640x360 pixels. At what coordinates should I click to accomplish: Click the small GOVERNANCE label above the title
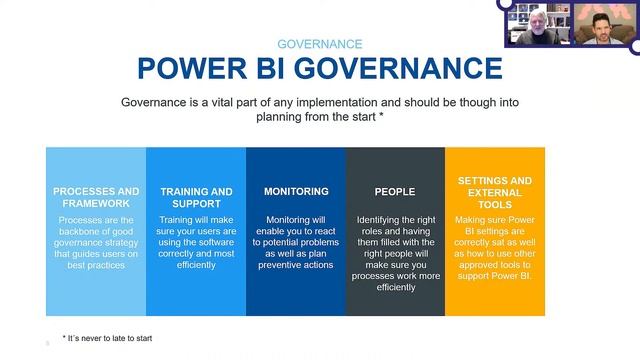tap(319, 44)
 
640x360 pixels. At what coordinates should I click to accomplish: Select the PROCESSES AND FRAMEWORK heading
tap(96, 197)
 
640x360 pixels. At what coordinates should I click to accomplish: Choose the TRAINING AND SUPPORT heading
tap(196, 197)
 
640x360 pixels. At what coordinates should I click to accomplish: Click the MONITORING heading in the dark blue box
tap(296, 191)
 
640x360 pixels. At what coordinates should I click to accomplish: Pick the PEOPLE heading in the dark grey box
tap(395, 191)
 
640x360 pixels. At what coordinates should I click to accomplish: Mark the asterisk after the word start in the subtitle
tap(382, 116)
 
